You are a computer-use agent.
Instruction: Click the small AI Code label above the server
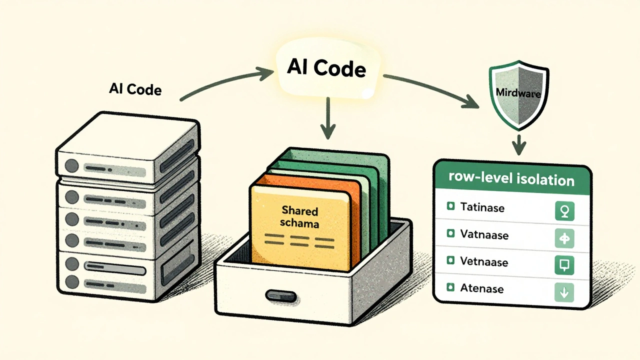click(x=135, y=89)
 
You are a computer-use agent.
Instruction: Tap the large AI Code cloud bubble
click(x=326, y=68)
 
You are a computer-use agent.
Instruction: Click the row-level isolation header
click(x=511, y=179)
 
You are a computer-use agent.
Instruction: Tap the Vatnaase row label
click(x=484, y=234)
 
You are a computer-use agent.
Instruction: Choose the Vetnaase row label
click(x=484, y=261)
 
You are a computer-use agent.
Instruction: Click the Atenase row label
click(x=482, y=288)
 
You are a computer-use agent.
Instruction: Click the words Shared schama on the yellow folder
click(x=300, y=216)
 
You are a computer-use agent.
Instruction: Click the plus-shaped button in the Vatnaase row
click(x=564, y=238)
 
